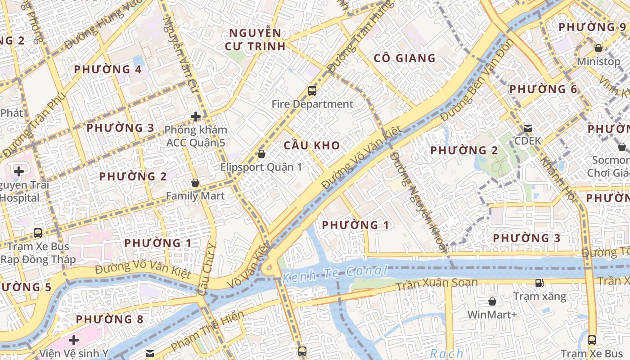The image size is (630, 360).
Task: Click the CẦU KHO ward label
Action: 311,145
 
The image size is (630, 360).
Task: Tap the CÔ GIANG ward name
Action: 405,58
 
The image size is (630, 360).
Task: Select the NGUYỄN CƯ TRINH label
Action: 255,40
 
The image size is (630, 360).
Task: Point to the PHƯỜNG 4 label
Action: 108,69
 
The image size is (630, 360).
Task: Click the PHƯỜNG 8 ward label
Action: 109,319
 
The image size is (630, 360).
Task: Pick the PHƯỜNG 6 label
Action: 543,89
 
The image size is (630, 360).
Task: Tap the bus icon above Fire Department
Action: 312,91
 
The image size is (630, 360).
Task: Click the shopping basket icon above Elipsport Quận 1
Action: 261,154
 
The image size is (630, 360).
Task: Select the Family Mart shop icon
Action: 195,183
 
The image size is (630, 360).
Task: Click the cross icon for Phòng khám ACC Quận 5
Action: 195,117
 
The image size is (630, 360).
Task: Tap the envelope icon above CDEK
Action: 527,128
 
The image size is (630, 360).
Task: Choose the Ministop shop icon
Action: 598,48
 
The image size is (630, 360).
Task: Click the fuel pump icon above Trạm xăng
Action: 539,283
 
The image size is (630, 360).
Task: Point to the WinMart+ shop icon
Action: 492,301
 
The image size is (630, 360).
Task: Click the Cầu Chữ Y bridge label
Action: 207,269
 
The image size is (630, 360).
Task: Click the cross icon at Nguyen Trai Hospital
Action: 19,171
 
